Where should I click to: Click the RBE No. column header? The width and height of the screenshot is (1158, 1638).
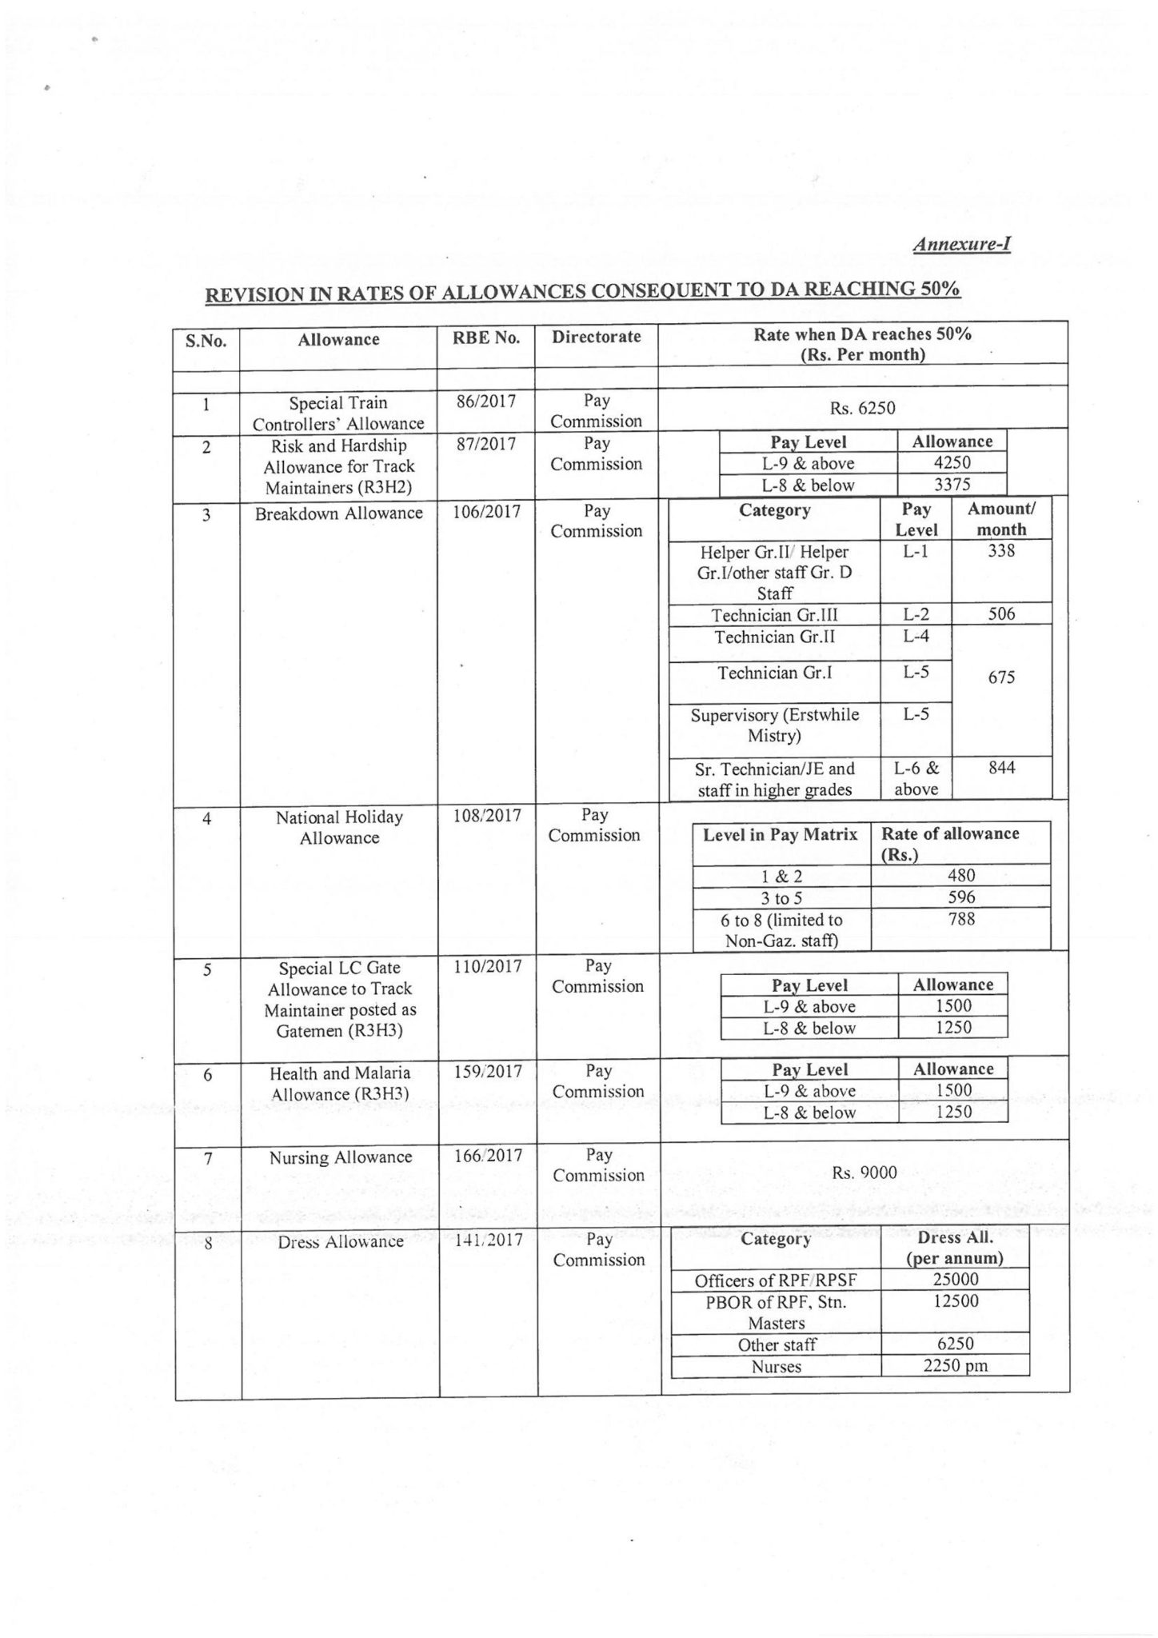pos(486,338)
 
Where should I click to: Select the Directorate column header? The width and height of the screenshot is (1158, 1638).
pos(597,337)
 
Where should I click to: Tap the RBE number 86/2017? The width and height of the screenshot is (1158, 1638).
pos(486,402)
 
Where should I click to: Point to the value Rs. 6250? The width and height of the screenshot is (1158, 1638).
pos(863,408)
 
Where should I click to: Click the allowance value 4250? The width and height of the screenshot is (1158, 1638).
pos(952,463)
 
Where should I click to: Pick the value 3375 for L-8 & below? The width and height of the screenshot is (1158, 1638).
pos(952,485)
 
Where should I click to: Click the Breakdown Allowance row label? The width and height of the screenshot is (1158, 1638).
pos(339,513)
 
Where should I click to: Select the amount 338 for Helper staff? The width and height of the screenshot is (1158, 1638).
pos(1001,550)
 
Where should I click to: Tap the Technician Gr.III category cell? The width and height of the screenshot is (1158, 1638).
pos(774,614)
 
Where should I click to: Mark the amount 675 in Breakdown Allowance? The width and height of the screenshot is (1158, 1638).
pos(1001,677)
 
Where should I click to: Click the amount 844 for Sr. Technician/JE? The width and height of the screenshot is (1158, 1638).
pos(1001,768)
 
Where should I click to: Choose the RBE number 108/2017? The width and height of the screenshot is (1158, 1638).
pos(486,816)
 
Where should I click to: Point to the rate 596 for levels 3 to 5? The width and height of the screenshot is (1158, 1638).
pos(961,897)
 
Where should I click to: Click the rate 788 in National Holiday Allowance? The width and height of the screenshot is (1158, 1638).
pos(961,919)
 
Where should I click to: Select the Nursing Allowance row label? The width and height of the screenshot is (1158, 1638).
pos(341,1157)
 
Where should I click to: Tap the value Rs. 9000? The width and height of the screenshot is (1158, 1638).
pos(865,1173)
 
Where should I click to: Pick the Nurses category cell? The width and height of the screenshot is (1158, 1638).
pos(777,1367)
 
